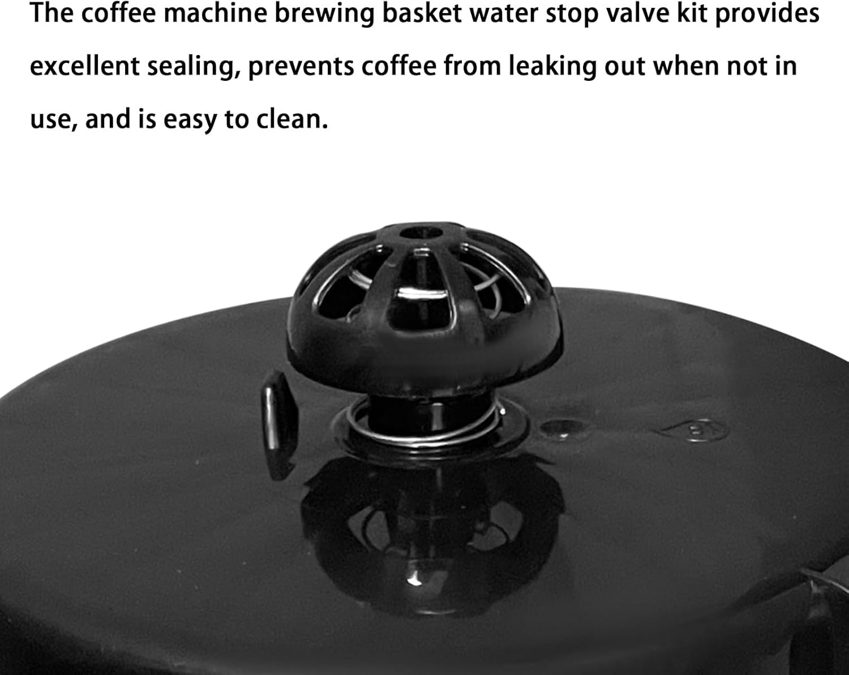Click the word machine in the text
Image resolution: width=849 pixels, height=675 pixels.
(216, 14)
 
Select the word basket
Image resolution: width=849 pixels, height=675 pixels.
(422, 14)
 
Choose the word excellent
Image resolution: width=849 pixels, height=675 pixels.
(85, 66)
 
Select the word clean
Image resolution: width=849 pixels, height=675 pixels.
(292, 119)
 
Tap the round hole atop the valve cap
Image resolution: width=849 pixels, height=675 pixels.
(421, 233)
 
